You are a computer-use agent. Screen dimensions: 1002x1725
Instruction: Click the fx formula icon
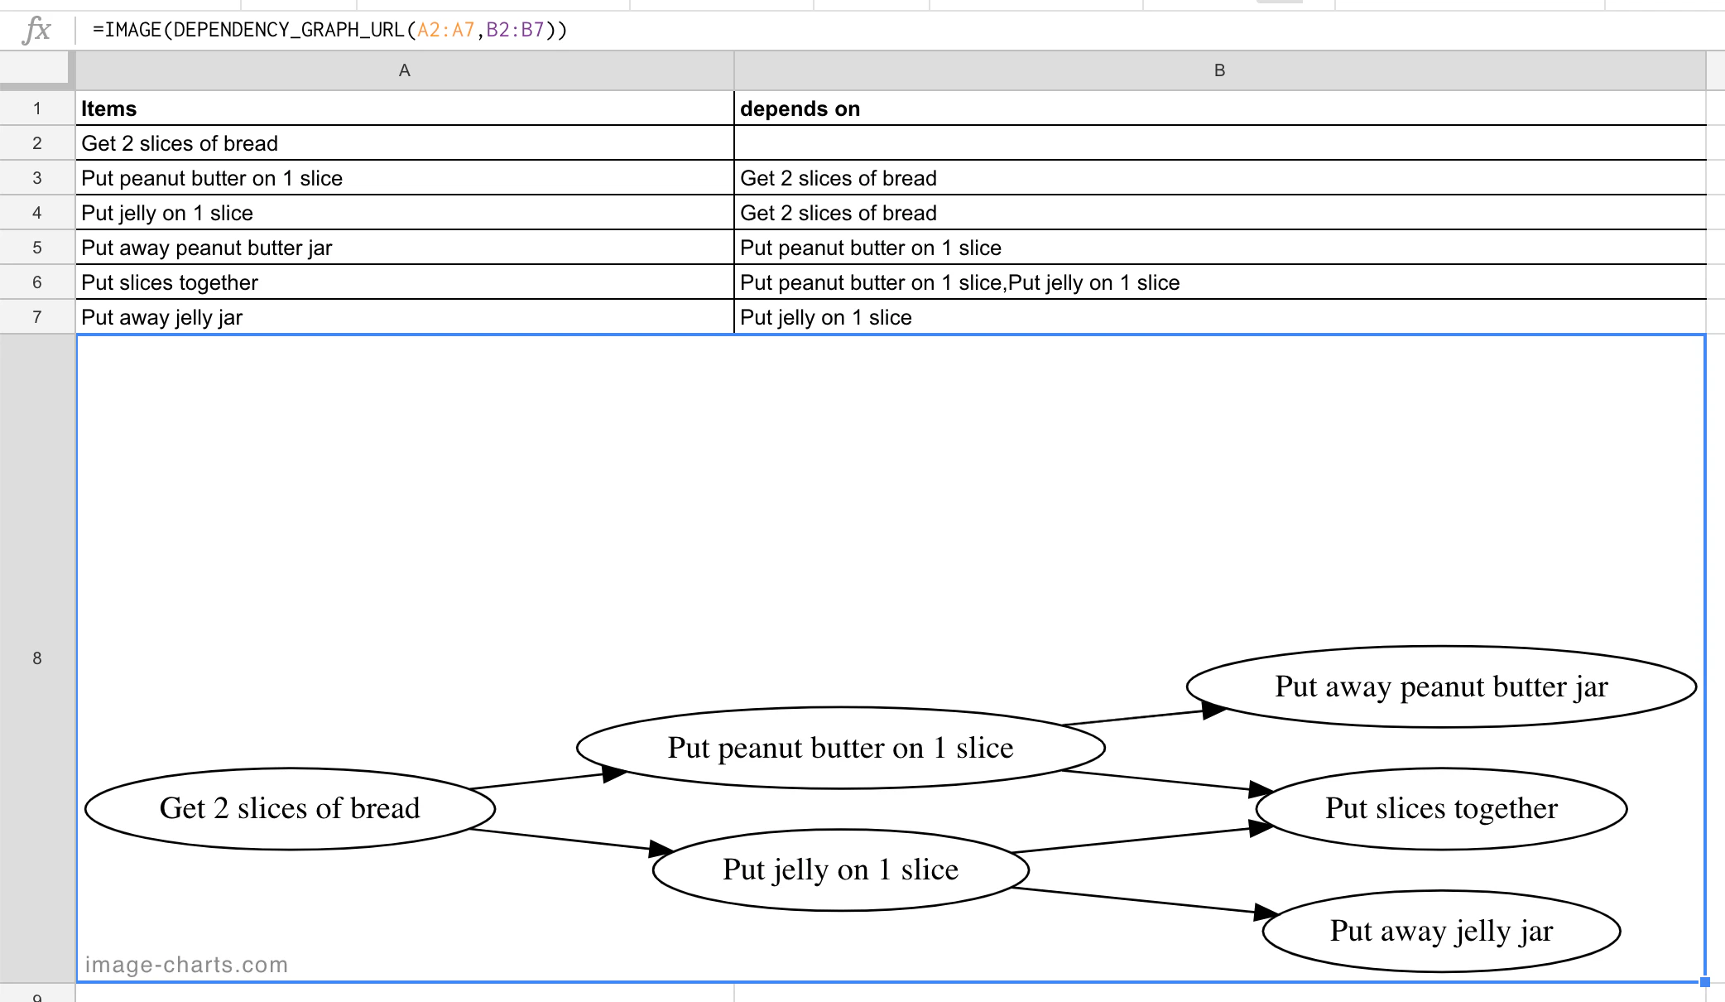tap(37, 31)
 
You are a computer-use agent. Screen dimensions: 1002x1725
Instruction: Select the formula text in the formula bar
tap(329, 31)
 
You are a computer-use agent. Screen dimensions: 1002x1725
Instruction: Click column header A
tap(404, 70)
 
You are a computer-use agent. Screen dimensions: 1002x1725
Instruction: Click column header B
tap(1219, 70)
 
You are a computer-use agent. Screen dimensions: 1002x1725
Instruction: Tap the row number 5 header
tap(37, 248)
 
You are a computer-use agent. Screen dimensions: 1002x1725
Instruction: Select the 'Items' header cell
tap(404, 108)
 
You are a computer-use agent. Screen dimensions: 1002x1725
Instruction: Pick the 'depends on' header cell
tap(1219, 108)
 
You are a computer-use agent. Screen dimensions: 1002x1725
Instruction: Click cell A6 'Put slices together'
tap(404, 282)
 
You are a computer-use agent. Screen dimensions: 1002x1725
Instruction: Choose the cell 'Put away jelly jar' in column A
tap(404, 317)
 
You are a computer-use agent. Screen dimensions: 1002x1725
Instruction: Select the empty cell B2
tap(1219, 143)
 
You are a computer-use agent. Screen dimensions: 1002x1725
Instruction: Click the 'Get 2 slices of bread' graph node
tap(290, 808)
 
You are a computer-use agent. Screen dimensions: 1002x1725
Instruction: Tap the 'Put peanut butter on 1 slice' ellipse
tap(840, 748)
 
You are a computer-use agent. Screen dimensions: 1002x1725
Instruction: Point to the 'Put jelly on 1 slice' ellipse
tap(840, 870)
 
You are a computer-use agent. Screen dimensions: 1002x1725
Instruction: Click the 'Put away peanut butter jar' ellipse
tap(1441, 686)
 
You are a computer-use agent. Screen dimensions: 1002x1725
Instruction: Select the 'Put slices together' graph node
tap(1441, 808)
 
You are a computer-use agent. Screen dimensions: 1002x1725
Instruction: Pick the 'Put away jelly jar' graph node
tap(1441, 931)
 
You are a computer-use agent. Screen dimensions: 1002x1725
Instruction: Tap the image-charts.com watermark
tap(186, 965)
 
